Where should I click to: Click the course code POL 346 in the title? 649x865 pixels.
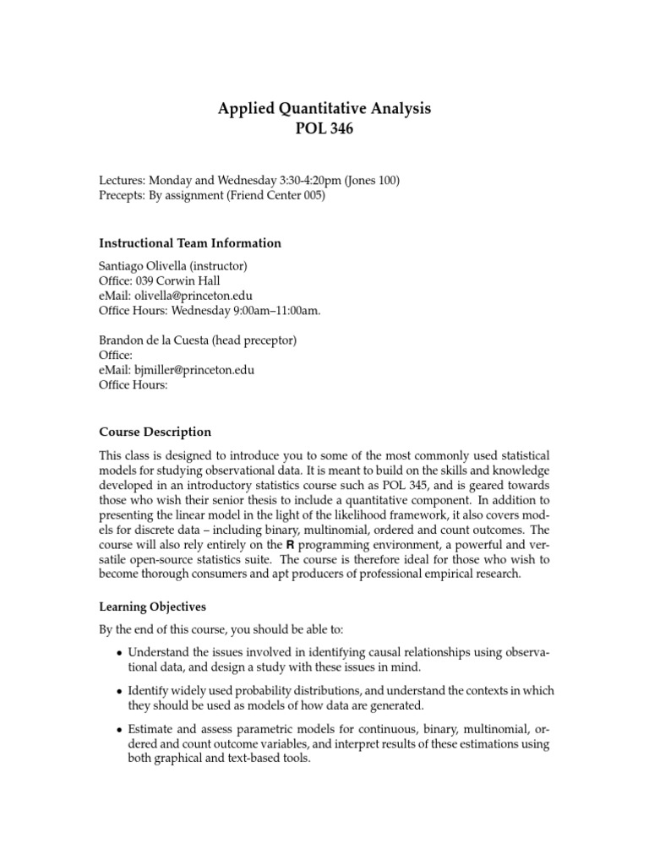[324, 129]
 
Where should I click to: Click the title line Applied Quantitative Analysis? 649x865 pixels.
[324, 108]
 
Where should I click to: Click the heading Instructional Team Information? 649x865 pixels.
[190, 243]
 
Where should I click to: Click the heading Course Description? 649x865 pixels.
[155, 432]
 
